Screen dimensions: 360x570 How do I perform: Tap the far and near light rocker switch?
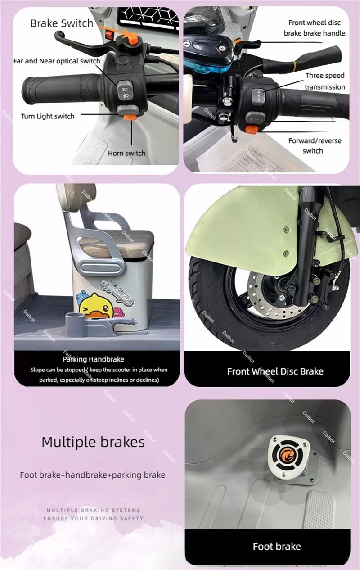[125, 90]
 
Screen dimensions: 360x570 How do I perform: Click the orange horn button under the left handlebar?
[130, 118]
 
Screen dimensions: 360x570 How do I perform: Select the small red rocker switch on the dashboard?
[109, 35]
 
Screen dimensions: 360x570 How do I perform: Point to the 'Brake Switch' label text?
[62, 23]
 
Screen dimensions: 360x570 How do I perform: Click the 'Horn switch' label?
[127, 153]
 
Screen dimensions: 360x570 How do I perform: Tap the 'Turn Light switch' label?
[48, 116]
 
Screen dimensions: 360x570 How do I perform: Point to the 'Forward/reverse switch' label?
[315, 146]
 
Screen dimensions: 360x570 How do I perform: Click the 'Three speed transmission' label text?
[325, 81]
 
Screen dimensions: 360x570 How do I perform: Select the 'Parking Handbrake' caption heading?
[94, 359]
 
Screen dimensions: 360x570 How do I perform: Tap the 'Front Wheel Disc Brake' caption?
[275, 371]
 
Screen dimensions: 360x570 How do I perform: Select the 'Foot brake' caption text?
[277, 547]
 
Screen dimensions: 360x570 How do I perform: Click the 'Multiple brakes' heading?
[93, 442]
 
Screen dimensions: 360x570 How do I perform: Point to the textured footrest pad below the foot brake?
[318, 509]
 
